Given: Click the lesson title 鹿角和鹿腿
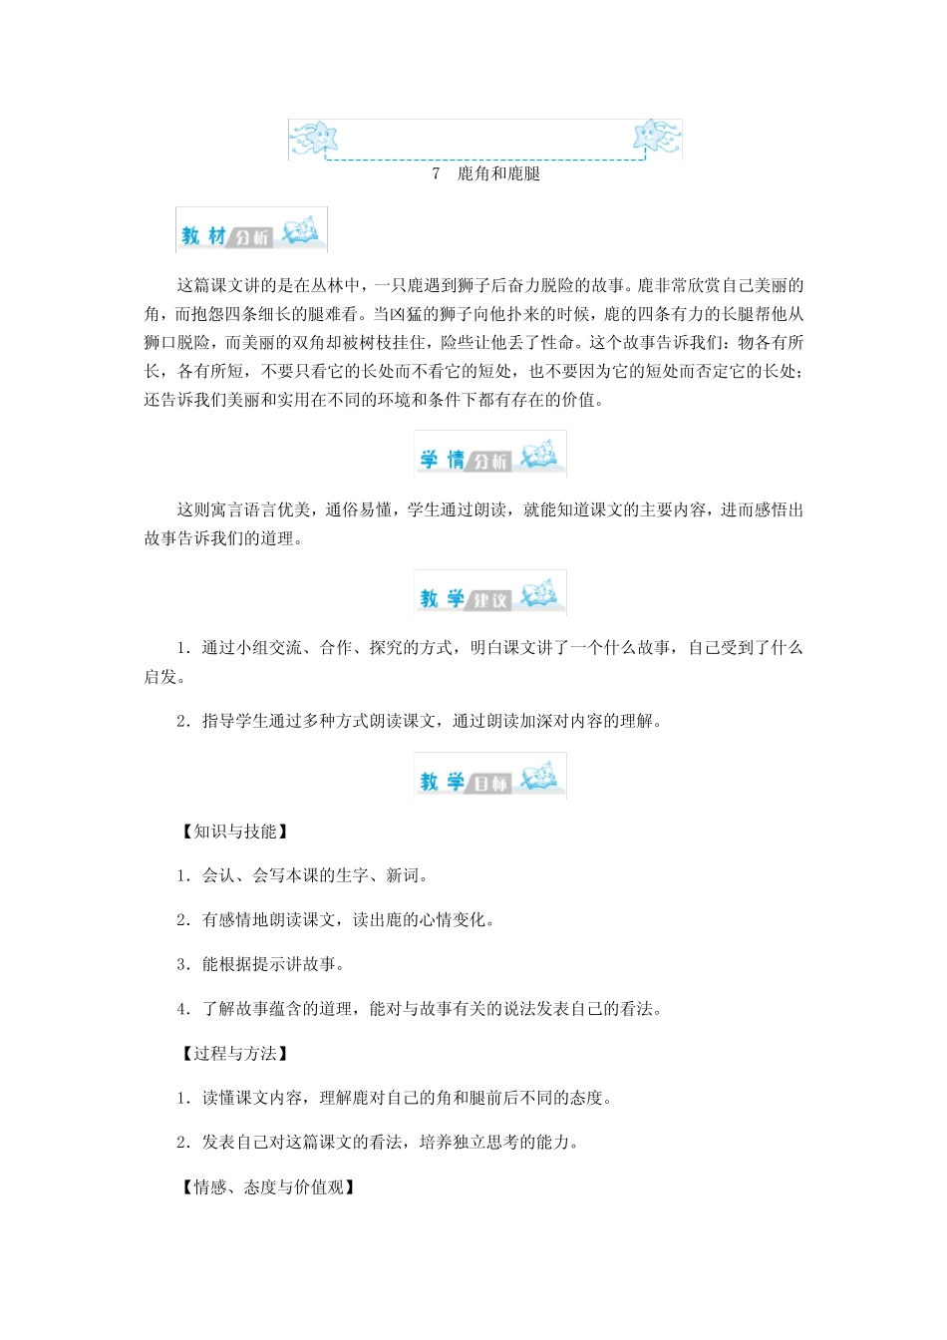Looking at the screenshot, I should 498,173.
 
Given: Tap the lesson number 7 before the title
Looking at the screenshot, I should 436,173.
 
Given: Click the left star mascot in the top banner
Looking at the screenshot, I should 315,137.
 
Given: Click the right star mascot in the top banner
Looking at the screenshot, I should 652,136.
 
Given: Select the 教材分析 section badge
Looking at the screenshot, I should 251,230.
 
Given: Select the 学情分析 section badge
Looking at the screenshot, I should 490,455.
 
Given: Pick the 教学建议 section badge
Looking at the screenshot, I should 490,594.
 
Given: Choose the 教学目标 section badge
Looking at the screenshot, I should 490,778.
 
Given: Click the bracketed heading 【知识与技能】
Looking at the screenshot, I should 235,832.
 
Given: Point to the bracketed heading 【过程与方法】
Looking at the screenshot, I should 235,1054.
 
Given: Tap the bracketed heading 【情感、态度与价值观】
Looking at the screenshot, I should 268,1186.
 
